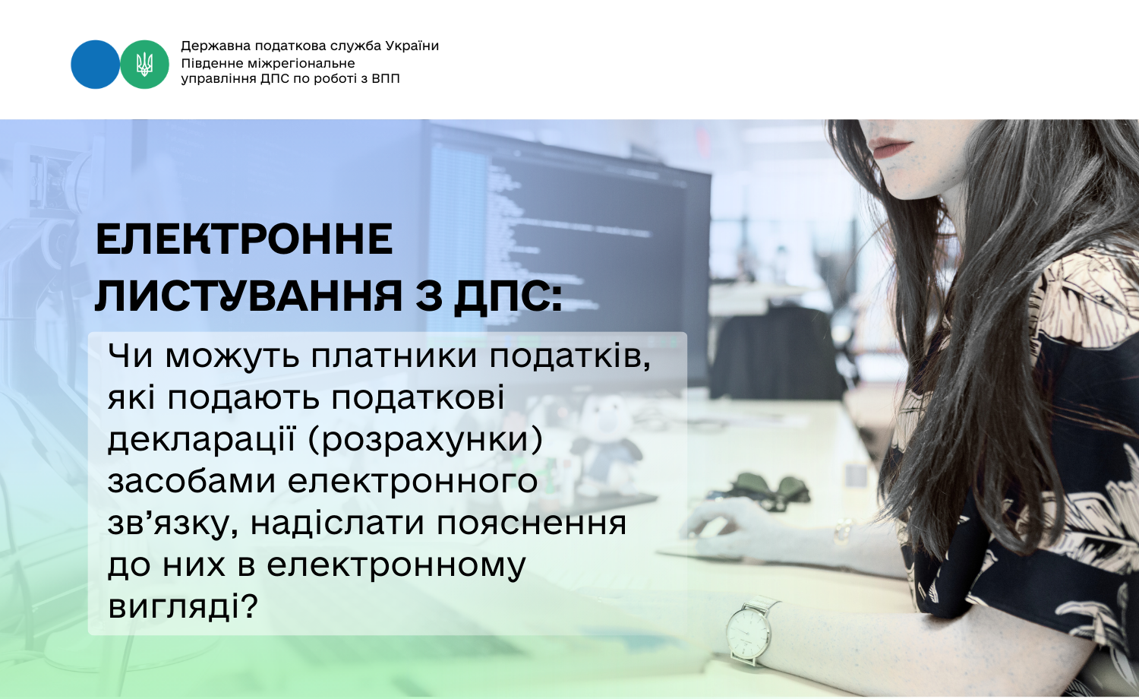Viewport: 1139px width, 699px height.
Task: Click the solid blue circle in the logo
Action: coord(95,65)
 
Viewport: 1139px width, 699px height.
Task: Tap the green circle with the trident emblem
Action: coord(144,65)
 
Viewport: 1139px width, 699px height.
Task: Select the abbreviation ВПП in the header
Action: coord(386,79)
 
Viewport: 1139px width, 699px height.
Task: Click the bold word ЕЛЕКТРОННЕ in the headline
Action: coord(245,239)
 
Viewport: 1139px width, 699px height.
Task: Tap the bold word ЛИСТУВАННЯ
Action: coord(248,296)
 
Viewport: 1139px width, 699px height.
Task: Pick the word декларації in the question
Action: coord(201,440)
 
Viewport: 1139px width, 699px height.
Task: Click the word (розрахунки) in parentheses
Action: coord(425,441)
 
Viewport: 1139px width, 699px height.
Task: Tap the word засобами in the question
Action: coord(191,480)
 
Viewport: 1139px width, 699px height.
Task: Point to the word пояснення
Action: coord(532,524)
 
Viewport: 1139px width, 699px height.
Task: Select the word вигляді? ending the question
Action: coord(183,606)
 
